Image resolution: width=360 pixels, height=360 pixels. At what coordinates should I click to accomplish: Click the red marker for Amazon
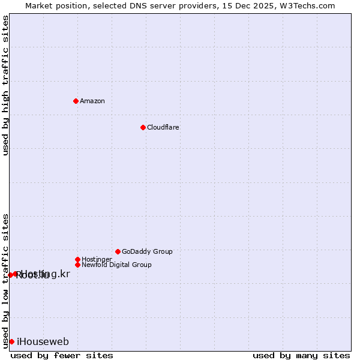(x=76, y=101)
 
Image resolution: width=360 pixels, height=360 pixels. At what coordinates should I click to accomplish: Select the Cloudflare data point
(x=143, y=127)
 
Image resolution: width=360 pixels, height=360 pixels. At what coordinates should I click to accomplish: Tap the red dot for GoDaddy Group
(x=118, y=251)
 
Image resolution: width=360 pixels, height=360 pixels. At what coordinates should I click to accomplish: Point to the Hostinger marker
(x=77, y=259)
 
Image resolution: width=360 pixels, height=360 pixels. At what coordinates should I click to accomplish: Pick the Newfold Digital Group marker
(x=77, y=265)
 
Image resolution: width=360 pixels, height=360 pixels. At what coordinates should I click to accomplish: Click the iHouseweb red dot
(x=11, y=341)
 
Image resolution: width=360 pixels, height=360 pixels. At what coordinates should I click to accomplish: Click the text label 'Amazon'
(x=92, y=101)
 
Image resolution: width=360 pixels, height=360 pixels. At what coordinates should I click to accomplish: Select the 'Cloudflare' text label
(x=163, y=127)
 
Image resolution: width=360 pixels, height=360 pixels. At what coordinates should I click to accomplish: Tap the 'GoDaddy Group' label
(x=147, y=251)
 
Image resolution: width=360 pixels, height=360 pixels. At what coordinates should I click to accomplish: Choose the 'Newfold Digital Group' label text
(x=117, y=265)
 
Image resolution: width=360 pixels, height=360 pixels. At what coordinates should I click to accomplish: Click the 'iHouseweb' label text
(x=43, y=342)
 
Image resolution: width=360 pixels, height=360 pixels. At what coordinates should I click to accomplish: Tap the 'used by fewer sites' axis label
(x=62, y=355)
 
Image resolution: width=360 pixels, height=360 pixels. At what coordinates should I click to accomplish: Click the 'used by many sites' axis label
(x=301, y=355)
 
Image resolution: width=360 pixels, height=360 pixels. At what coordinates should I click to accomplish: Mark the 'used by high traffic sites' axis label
(x=6, y=85)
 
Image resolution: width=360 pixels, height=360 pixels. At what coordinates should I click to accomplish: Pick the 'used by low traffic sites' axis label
(x=6, y=280)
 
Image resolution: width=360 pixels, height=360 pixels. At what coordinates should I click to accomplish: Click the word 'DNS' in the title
(x=133, y=5)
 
